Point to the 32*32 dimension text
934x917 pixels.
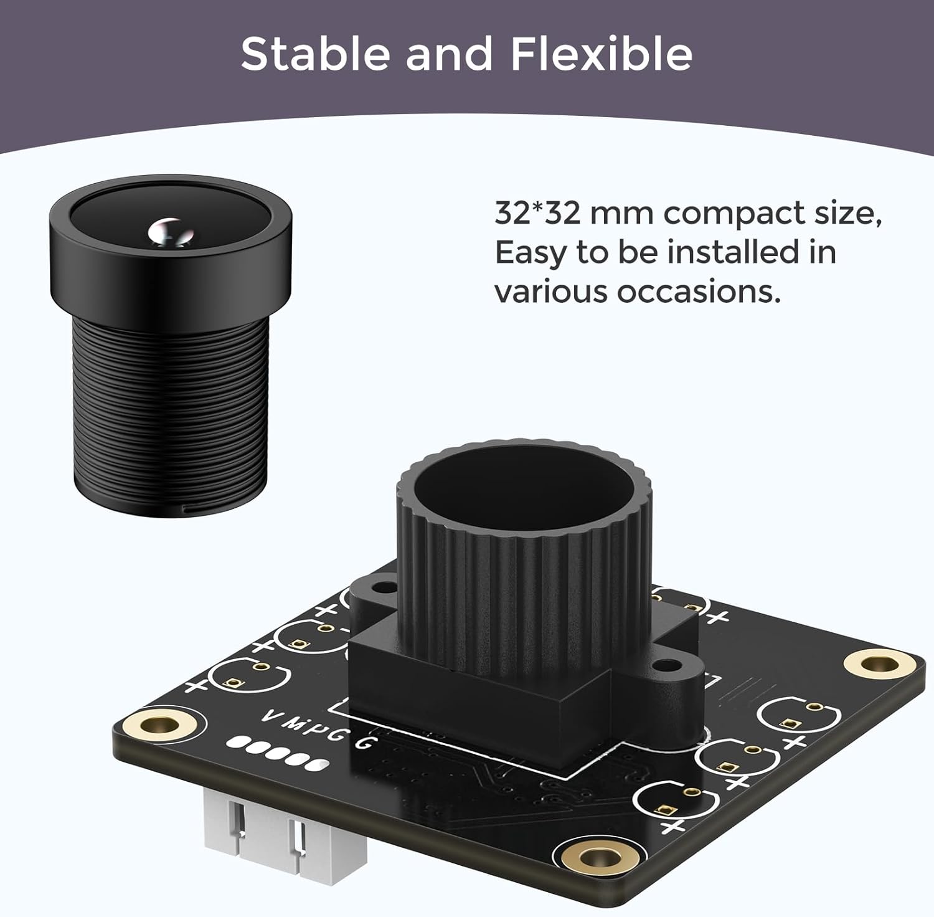[536, 214]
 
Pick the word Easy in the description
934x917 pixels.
[529, 253]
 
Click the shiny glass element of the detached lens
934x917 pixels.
[168, 230]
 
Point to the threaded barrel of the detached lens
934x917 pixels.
[171, 411]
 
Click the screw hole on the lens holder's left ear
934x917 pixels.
[387, 587]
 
